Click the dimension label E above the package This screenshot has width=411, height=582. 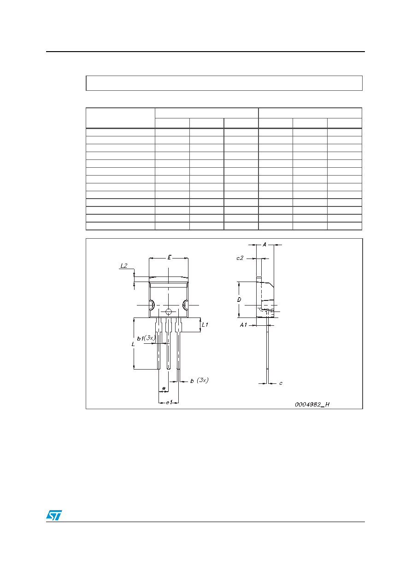click(170, 257)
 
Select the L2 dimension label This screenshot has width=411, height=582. click(124, 265)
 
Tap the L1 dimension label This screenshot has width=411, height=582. click(205, 324)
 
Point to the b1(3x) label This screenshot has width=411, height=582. click(146, 338)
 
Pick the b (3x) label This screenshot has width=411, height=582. click(199, 381)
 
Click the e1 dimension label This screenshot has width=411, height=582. click(169, 402)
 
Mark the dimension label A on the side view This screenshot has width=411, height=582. click(264, 245)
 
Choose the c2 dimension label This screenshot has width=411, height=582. click(240, 258)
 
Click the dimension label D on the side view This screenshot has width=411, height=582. click(239, 300)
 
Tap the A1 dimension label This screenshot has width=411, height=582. click(243, 325)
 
